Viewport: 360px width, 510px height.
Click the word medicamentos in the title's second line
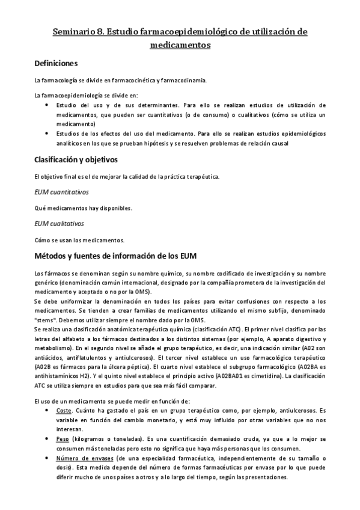[180, 45]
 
